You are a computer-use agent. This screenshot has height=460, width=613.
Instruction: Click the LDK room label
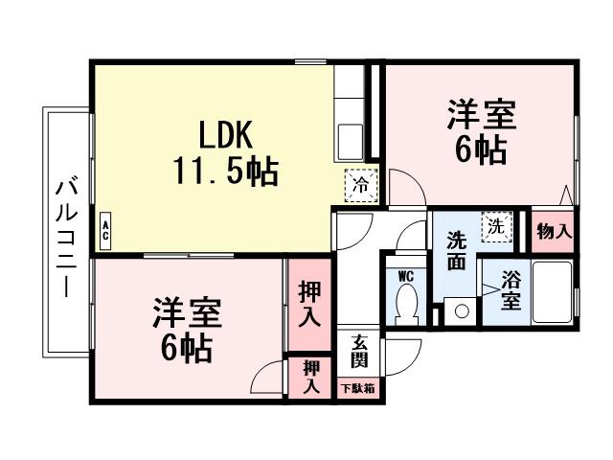(x=225, y=133)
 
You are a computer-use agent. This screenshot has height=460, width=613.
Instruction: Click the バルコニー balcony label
(x=66, y=236)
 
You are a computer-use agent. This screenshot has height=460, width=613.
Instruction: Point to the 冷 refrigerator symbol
(x=361, y=184)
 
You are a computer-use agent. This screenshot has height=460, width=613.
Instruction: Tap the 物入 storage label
(x=554, y=231)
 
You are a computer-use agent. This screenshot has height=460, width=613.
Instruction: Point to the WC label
(x=405, y=276)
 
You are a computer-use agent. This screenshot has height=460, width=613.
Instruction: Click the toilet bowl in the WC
(x=406, y=305)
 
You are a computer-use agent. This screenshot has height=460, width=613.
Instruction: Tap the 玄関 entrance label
(x=359, y=353)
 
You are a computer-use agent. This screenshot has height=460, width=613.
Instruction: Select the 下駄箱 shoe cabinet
(x=358, y=388)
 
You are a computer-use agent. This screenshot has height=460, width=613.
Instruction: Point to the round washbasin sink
(x=462, y=310)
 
